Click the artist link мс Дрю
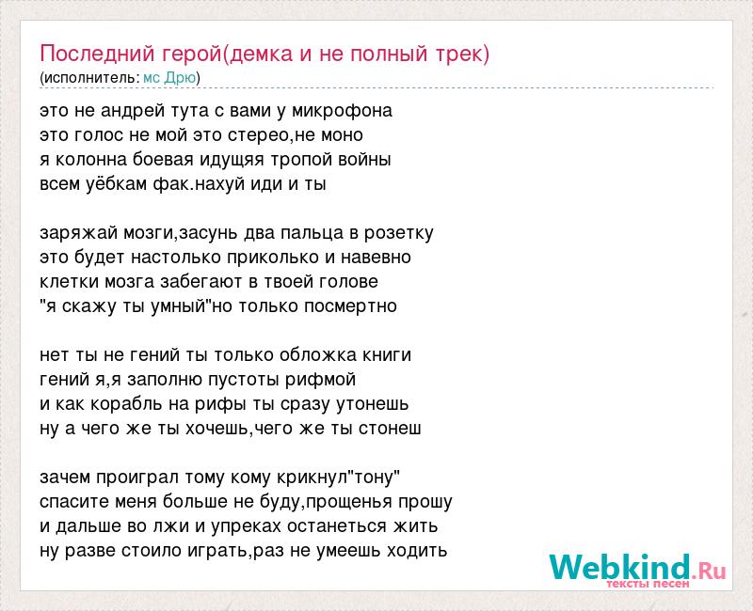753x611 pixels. [x=169, y=78]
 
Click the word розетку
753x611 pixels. [x=398, y=233]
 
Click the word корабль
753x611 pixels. [x=127, y=404]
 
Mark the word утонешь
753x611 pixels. [x=372, y=404]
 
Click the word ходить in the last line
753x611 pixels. [x=417, y=551]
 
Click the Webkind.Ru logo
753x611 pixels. [x=637, y=568]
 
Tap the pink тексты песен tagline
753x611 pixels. [x=648, y=584]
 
